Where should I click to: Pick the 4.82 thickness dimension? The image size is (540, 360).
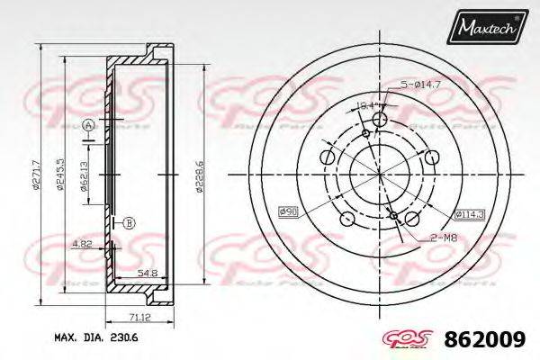pyautogui.click(x=80, y=243)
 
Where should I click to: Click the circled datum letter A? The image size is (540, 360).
pyautogui.click(x=88, y=125)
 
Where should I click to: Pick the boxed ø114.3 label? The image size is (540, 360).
pyautogui.click(x=470, y=214)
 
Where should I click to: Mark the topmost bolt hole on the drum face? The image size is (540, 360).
pyautogui.click(x=379, y=121)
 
